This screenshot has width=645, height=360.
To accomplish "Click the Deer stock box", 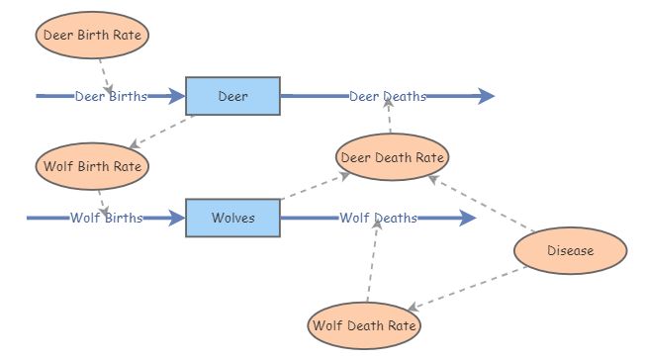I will coord(232,96).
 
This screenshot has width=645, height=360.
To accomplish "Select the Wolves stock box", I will coord(232,218).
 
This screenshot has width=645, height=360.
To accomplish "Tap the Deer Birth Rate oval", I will coord(93,35).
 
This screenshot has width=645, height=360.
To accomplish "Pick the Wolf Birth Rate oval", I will coord(93,165).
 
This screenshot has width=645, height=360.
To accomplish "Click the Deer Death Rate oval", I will coord(393,156).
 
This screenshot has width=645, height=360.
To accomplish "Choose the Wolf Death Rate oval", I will coord(364,325).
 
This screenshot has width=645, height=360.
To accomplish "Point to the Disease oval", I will coord(571,250).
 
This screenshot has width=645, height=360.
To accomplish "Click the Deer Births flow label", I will coord(111,96).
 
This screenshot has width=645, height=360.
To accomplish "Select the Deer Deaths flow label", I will coord(387,96).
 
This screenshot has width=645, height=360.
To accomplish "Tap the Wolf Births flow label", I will coord(106,218).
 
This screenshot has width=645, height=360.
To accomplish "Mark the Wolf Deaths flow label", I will coord(378,218).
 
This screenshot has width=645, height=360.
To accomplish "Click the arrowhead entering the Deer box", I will coord(176,96).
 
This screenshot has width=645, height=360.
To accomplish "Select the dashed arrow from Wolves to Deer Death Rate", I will coord(316,186).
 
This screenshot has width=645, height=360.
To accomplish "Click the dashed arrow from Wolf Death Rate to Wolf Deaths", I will coord(373,262).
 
